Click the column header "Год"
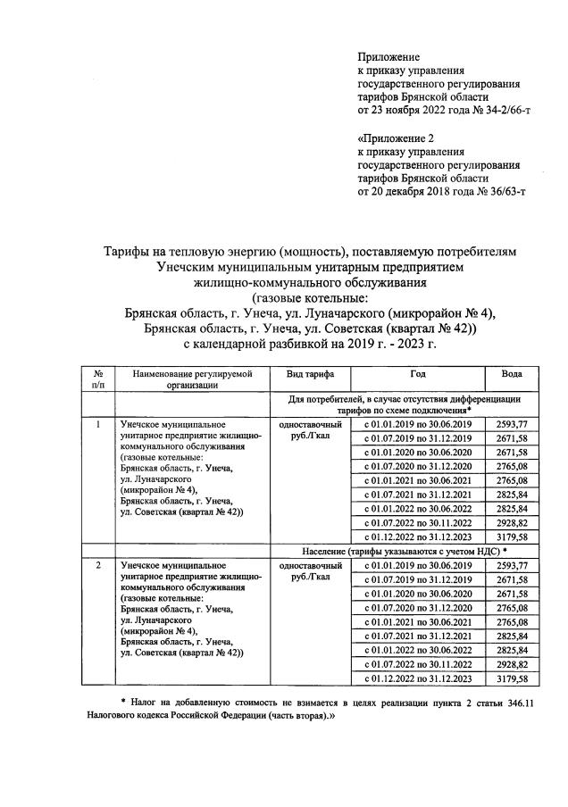[418, 374]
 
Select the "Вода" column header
[512, 374]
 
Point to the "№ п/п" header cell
[98, 379]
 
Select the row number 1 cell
[98, 424]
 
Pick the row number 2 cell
[98, 566]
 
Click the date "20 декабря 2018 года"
[409, 191]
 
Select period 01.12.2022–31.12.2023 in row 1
[418, 537]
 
